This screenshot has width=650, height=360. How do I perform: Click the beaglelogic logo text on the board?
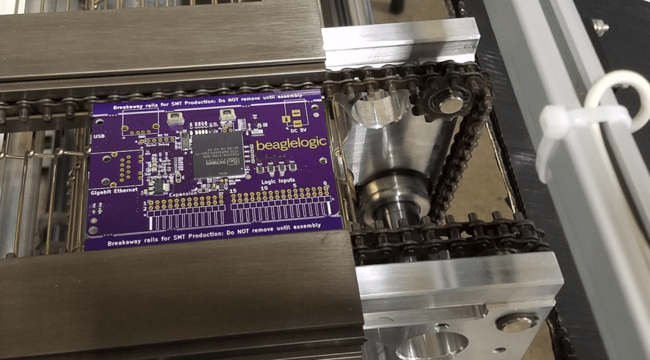coord(291,145)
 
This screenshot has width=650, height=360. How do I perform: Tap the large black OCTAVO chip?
coord(218,154)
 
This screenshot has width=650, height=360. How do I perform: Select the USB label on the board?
coord(99,136)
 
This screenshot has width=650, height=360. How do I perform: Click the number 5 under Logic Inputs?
coord(296,186)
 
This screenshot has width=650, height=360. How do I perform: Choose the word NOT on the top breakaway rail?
coord(253,103)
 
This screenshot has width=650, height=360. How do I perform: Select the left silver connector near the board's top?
coord(175,118)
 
